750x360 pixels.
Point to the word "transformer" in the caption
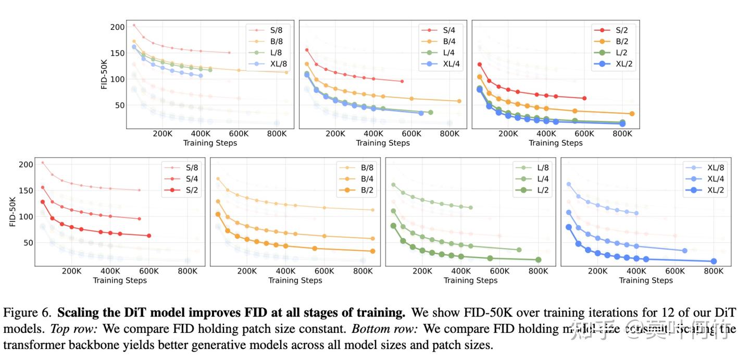(x=31, y=345)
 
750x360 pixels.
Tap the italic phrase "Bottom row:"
(x=384, y=329)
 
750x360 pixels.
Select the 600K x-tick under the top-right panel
(x=584, y=134)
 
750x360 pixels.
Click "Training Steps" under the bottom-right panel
(x=646, y=280)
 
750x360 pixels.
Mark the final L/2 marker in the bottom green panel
(x=538, y=259)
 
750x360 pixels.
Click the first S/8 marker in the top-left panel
(x=134, y=25)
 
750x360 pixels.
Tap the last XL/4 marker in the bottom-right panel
(x=684, y=251)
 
